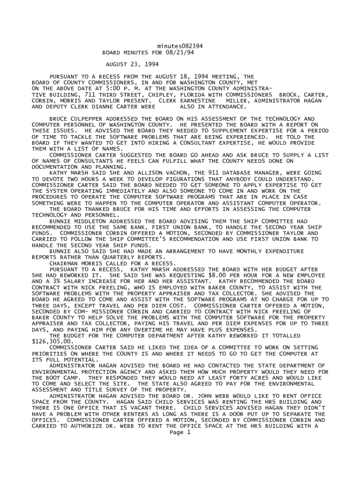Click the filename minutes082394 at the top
[x=180, y=46]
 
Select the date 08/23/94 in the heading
[x=180, y=52]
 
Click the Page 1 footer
[x=180, y=432]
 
